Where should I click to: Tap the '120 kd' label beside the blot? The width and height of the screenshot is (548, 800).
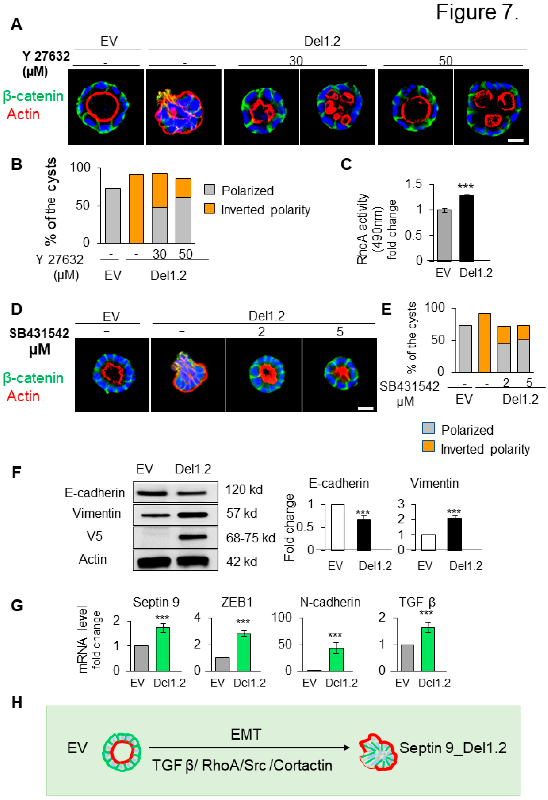click(244, 489)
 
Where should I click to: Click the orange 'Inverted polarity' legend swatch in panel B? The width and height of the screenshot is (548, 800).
click(210, 208)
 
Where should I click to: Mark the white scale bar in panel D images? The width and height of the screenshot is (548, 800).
click(366, 408)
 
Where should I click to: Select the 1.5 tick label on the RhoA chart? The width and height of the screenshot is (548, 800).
click(414, 184)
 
